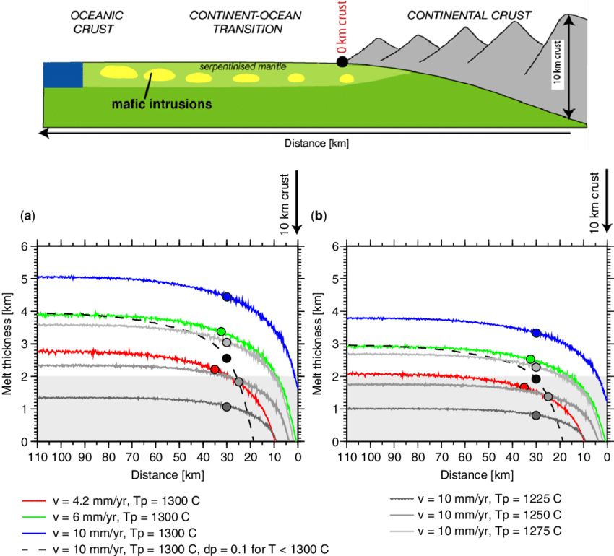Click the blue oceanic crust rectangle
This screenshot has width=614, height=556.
pyautogui.click(x=63, y=75)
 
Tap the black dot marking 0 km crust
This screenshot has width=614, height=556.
pyautogui.click(x=342, y=62)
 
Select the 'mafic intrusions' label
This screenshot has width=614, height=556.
pyautogui.click(x=162, y=103)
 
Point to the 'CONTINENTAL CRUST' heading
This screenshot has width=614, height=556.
pyautogui.click(x=469, y=15)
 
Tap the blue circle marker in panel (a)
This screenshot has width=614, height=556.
pyautogui.click(x=227, y=297)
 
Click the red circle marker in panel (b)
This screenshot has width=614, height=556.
pyautogui.click(x=524, y=388)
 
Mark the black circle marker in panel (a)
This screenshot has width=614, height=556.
pyautogui.click(x=227, y=359)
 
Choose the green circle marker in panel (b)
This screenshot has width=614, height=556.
pyautogui.click(x=530, y=359)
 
